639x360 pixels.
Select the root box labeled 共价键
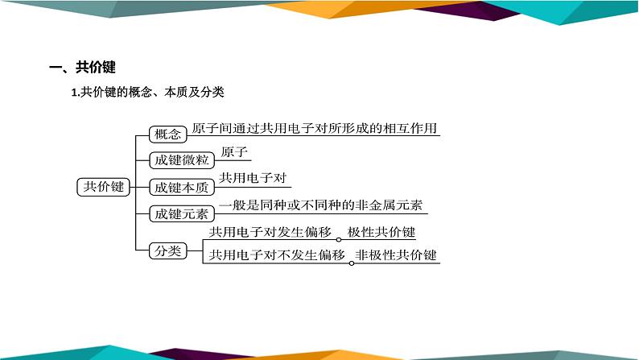(104, 188)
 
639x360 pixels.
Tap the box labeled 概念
(167, 134)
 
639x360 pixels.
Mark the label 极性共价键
(381, 233)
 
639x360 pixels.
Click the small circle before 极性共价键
(340, 239)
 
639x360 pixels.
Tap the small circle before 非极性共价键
(350, 262)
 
